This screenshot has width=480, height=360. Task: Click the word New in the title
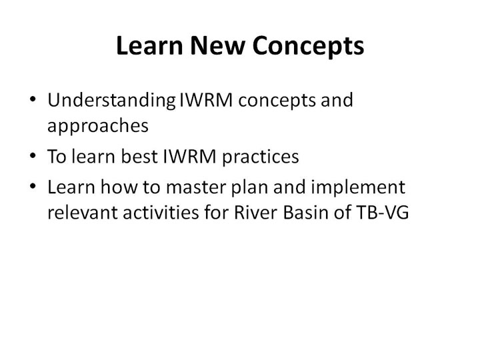217,45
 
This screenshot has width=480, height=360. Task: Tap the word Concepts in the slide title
308,47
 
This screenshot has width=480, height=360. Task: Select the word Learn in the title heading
149,45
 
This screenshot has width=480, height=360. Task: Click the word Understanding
111,101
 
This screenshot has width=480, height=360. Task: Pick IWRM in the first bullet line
206,100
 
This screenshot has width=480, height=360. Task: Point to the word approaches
98,126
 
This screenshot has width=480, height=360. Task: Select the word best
139,156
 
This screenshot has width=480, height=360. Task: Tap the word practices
260,157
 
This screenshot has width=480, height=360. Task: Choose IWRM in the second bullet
189,156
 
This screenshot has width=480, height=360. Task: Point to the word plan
249,188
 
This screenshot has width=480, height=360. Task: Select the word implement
358,188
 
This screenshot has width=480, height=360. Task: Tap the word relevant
83,212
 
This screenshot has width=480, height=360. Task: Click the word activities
161,212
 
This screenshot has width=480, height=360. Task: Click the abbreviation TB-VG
382,212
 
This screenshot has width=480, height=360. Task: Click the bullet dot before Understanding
33,99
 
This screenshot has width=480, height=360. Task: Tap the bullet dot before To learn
33,155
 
